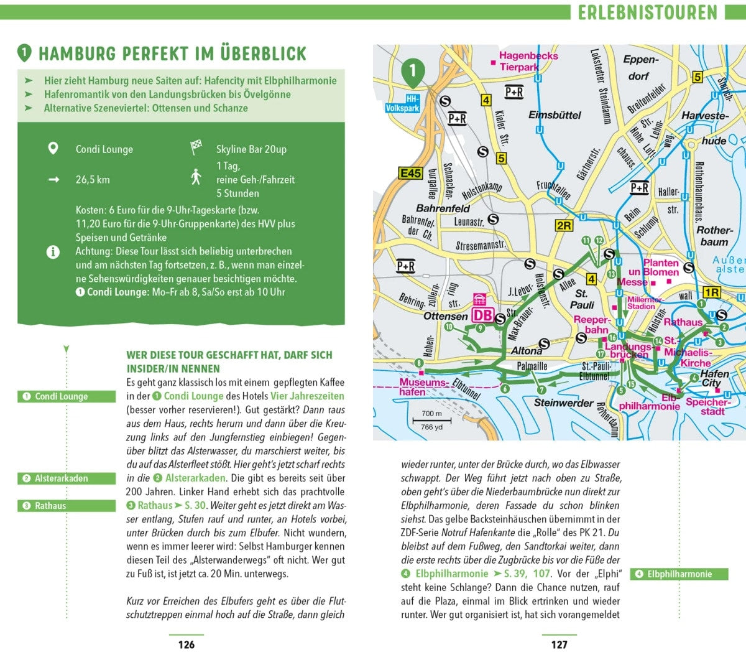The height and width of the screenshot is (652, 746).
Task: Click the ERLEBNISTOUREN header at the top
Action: [647, 12]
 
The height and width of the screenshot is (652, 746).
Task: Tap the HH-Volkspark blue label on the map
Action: [403, 103]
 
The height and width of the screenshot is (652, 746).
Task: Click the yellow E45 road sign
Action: [410, 174]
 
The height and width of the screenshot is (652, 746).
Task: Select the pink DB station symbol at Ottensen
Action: [482, 315]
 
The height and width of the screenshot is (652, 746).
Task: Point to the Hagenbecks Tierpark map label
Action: [527, 61]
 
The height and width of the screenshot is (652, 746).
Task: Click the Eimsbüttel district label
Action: [555, 115]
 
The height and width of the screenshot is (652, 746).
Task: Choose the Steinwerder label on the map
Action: [564, 403]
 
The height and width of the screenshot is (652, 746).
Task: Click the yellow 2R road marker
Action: [563, 225]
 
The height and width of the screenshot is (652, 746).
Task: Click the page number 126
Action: [186, 644]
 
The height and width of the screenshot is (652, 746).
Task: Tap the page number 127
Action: [559, 644]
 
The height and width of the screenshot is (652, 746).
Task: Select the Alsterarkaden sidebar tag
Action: [67, 478]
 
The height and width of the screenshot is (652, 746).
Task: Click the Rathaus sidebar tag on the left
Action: [67, 506]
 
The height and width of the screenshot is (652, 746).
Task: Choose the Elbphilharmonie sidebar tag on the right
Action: [679, 574]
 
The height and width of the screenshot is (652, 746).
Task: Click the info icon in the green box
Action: [53, 252]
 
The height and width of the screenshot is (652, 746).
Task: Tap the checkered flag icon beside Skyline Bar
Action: [196, 148]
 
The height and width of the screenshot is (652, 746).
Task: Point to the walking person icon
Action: [196, 177]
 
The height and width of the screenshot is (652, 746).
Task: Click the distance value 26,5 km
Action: [93, 180]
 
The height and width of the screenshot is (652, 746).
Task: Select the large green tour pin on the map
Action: [413, 72]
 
